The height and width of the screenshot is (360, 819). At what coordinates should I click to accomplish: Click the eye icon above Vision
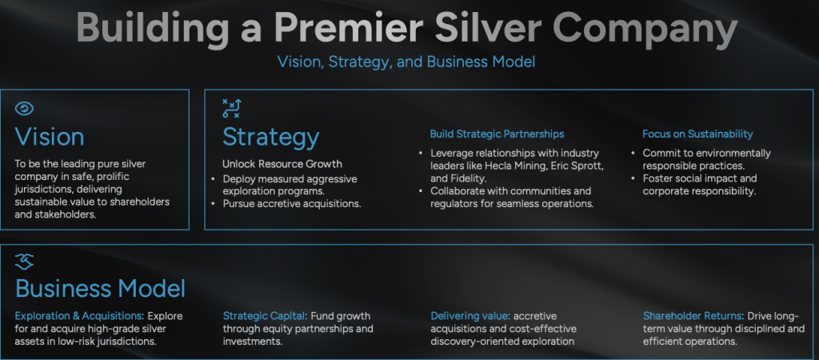coord(24,108)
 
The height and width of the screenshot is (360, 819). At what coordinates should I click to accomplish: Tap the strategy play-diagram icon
coord(231,108)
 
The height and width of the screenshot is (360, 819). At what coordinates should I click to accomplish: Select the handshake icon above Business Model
coord(24,262)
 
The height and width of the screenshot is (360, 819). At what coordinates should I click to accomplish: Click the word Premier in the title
coord(349,27)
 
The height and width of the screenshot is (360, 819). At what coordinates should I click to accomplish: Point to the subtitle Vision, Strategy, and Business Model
coord(406,62)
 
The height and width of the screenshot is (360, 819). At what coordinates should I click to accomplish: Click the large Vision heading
coord(50,136)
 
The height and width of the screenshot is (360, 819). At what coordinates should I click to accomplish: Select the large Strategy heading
coord(270,137)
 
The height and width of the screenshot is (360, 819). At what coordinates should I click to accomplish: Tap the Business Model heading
coord(100,289)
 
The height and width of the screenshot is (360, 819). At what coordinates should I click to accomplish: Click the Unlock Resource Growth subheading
coord(282,163)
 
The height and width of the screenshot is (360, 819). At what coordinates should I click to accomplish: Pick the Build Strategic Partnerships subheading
coord(497,134)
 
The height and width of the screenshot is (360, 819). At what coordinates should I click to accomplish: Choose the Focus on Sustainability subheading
coord(697,134)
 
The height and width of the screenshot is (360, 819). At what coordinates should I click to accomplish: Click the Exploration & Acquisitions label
coord(79,316)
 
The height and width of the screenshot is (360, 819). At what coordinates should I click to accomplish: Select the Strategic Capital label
coord(266,316)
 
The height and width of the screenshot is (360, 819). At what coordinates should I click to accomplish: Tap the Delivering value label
coord(469,316)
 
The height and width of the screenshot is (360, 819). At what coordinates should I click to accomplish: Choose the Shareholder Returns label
coord(693,316)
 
